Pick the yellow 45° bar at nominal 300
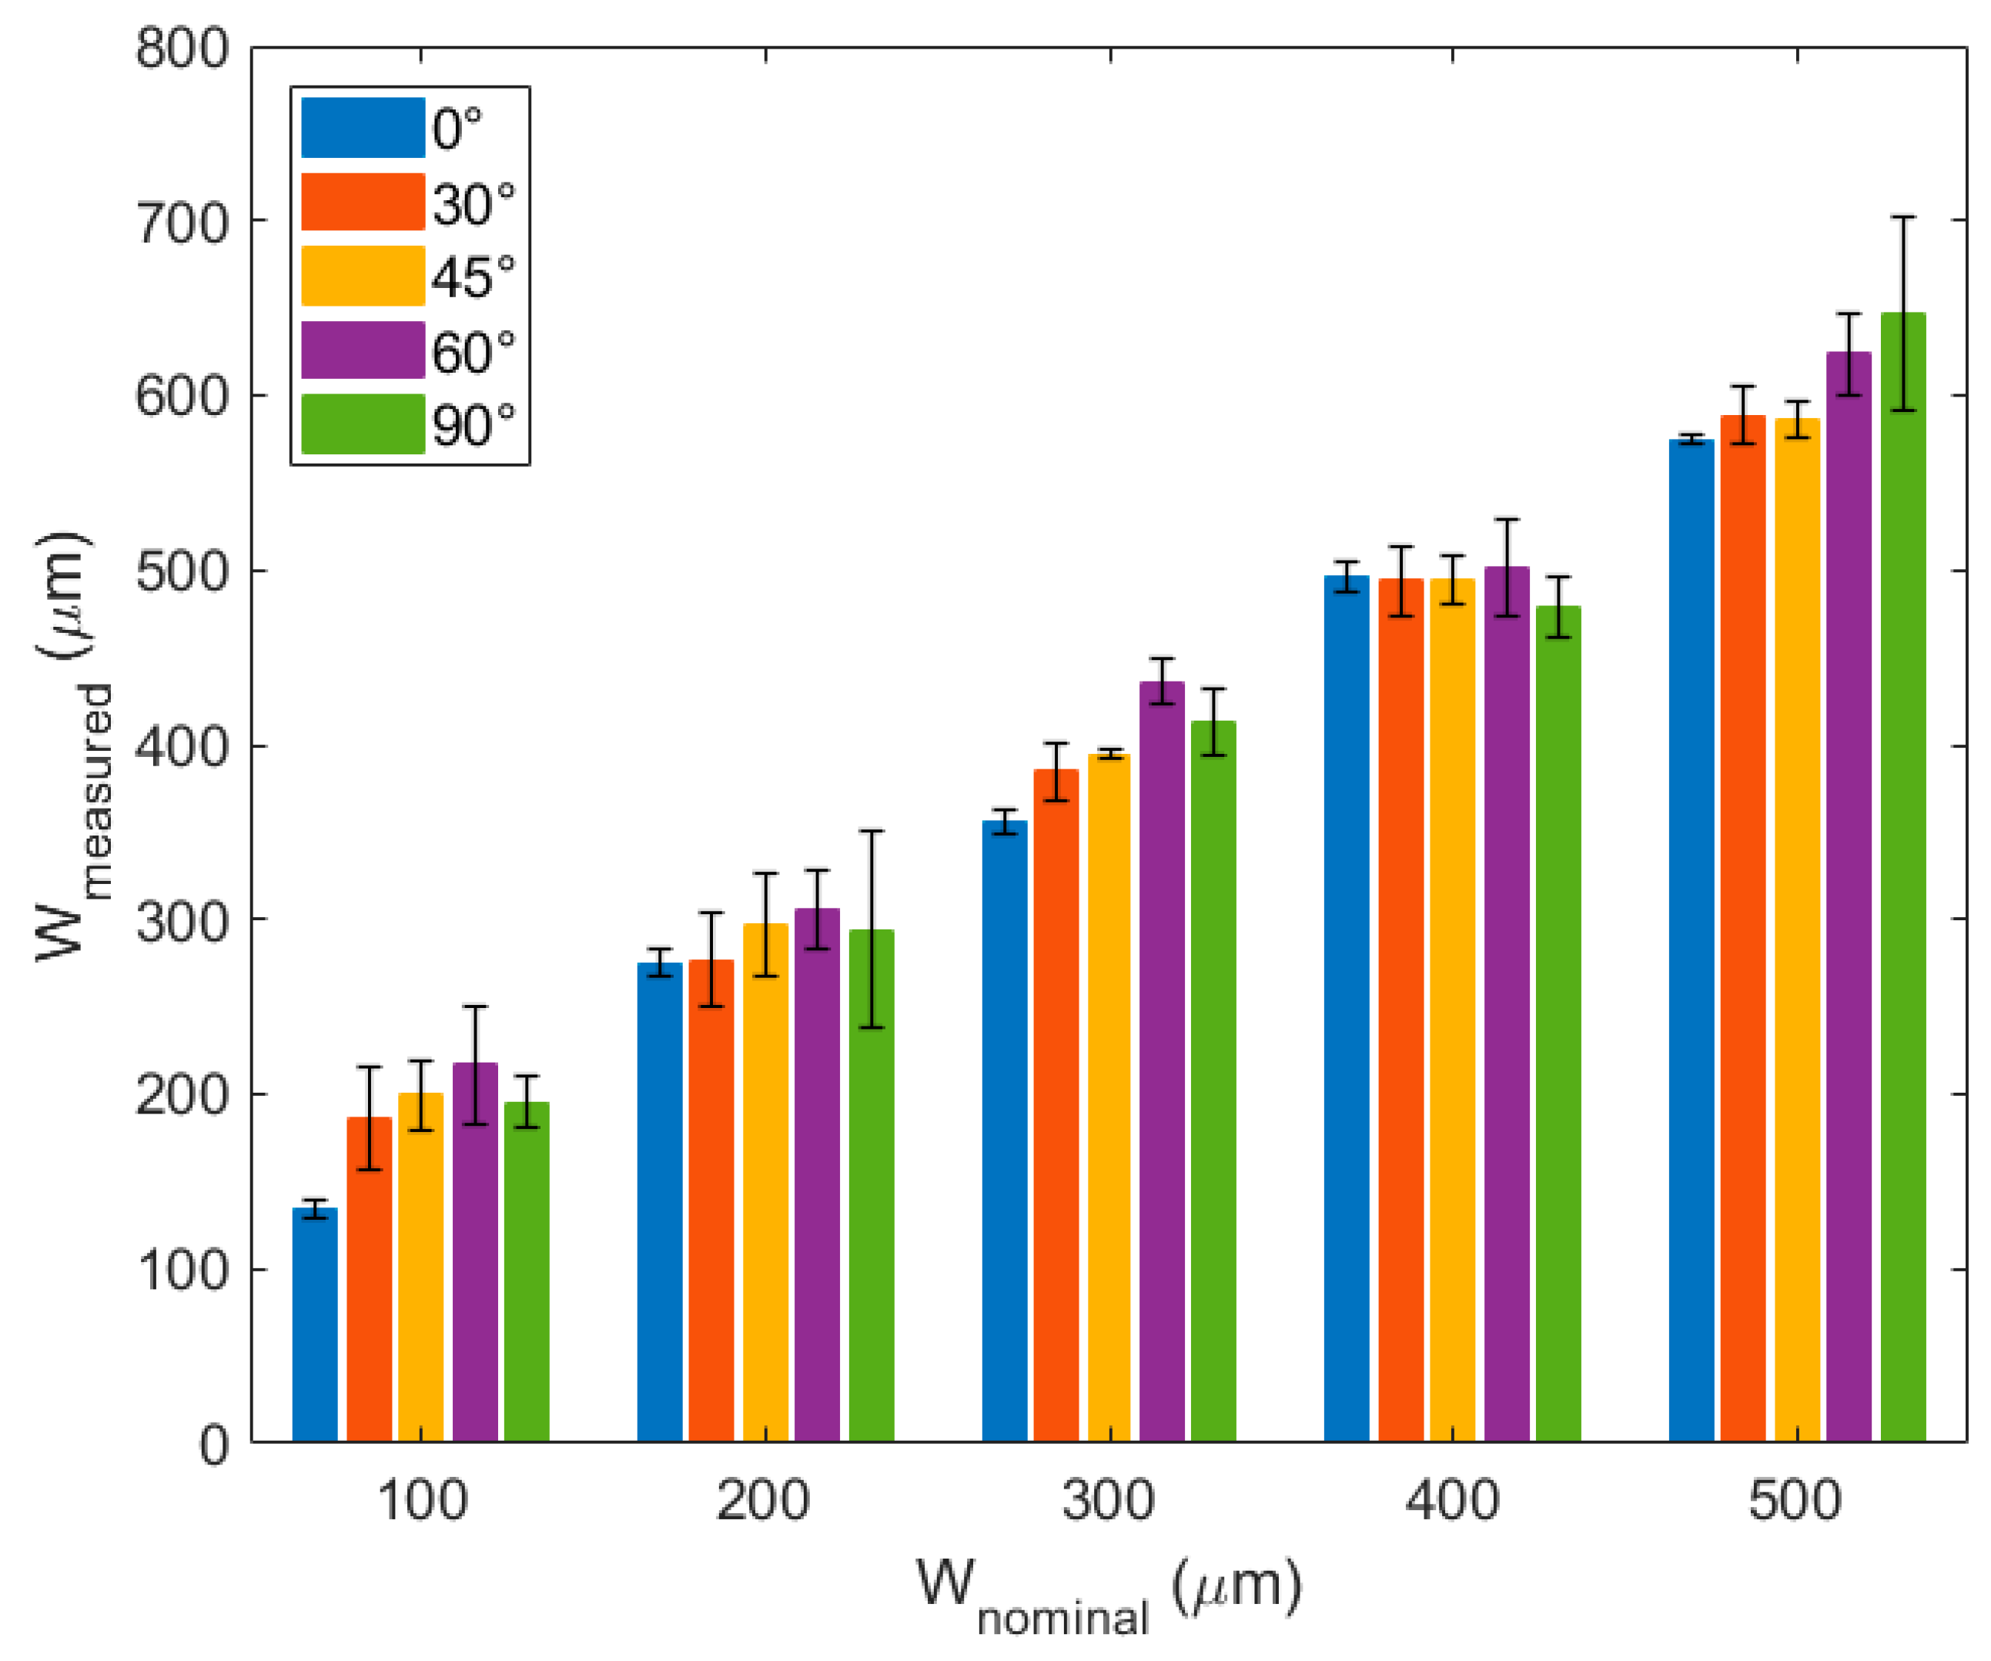coord(1109,1099)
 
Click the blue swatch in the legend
coord(362,127)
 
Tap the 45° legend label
coord(473,278)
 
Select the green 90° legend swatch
coord(362,424)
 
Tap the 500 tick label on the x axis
coord(1795,1501)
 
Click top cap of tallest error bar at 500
coord(1902,217)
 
